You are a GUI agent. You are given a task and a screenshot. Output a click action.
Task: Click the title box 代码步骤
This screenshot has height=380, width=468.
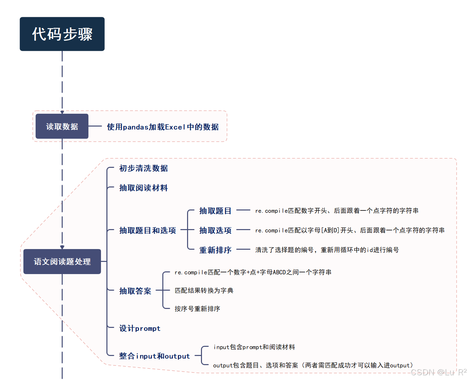click(x=62, y=34)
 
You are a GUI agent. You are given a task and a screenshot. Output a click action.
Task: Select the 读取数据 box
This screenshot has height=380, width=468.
click(x=62, y=126)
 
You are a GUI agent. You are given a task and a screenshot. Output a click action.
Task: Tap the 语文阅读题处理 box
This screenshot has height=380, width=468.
click(x=62, y=262)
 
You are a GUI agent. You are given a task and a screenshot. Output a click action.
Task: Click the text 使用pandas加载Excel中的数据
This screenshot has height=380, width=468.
click(x=163, y=127)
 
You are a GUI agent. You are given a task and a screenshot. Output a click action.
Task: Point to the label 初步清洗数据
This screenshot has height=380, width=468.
click(x=143, y=168)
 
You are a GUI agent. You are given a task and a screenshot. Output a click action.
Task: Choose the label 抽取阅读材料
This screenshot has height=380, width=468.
click(x=143, y=188)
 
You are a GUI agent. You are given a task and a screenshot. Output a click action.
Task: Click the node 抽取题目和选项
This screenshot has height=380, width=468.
click(x=147, y=230)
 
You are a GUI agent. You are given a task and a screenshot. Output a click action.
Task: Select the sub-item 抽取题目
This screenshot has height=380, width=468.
click(x=215, y=211)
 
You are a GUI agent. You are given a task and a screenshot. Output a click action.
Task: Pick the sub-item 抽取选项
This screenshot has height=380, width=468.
click(x=215, y=230)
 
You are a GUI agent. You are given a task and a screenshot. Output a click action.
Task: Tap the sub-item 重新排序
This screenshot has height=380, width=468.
click(x=215, y=250)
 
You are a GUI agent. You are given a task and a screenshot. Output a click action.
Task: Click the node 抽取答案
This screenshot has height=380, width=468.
click(x=135, y=291)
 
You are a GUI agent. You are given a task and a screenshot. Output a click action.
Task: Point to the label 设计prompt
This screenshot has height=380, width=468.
click(x=140, y=328)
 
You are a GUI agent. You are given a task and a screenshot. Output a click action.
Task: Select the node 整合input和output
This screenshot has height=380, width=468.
click(x=154, y=356)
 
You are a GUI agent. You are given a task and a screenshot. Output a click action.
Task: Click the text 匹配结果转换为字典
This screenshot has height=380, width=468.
click(x=204, y=290)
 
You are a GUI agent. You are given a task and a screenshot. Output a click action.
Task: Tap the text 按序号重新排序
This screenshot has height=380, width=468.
click(x=197, y=309)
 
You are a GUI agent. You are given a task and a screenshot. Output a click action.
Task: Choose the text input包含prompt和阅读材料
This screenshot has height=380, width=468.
click(x=254, y=347)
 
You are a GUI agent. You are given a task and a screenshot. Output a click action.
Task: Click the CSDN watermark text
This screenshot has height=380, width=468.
click(x=438, y=372)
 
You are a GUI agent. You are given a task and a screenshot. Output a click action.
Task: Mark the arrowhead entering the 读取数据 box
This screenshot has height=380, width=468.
click(x=62, y=112)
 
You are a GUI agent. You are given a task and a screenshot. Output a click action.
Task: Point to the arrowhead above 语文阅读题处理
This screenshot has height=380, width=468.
click(x=62, y=247)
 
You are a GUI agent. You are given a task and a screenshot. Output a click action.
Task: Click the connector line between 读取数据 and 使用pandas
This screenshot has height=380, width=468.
click(x=95, y=126)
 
